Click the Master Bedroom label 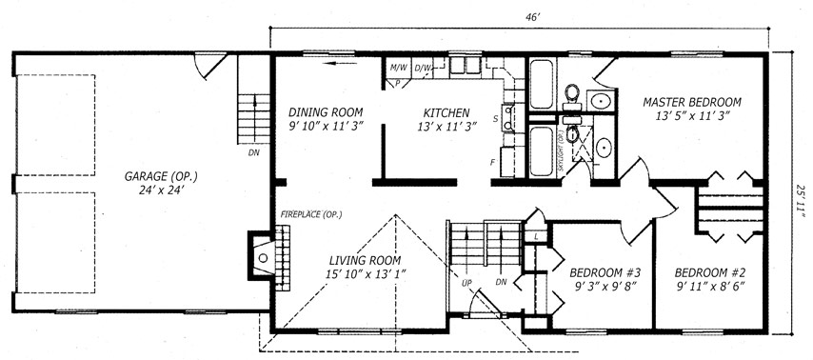[692, 102]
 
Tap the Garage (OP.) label [161, 176]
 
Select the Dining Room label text [326, 112]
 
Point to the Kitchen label [446, 112]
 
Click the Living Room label [365, 260]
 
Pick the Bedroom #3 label [605, 272]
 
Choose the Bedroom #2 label [710, 272]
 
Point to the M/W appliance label [398, 67]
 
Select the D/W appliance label [423, 67]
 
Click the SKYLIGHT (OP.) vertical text [560, 150]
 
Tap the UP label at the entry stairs [466, 283]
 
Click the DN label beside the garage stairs [254, 152]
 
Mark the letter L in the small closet [535, 236]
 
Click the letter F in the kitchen [492, 163]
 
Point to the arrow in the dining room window [340, 63]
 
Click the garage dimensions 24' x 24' [161, 190]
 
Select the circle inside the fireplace [263, 257]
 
